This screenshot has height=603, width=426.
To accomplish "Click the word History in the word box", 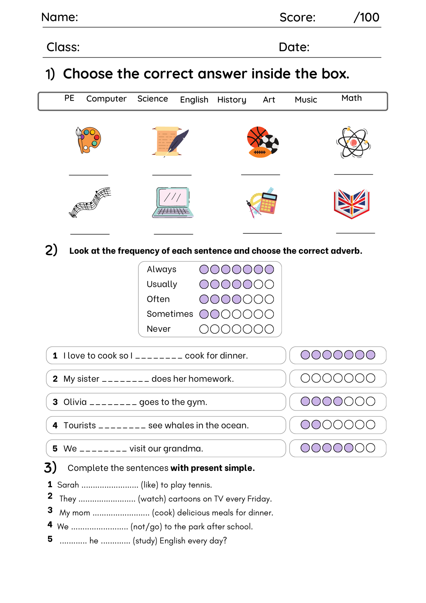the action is click(232, 100).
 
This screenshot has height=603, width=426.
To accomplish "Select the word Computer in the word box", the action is click(106, 99).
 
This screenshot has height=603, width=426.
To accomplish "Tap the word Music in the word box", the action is click(306, 100).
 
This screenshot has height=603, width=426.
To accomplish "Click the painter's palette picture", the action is click(88, 140).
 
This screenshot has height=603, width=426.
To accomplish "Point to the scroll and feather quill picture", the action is click(171, 142).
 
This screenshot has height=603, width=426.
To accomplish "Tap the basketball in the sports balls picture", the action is click(257, 137).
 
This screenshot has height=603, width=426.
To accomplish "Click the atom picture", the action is click(353, 142).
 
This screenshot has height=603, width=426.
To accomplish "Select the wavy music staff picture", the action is click(90, 202).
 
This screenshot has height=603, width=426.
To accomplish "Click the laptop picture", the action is click(173, 202).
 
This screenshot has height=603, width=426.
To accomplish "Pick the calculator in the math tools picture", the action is click(268, 203).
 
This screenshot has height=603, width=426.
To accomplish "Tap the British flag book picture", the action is click(352, 204).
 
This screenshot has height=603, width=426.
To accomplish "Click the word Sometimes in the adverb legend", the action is click(170, 314).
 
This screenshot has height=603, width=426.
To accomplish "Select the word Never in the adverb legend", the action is click(158, 329).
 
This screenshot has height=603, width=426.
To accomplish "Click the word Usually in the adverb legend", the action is click(162, 284).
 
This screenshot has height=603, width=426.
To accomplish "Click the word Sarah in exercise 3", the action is click(68, 485).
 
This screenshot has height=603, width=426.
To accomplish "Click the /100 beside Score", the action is click(366, 17).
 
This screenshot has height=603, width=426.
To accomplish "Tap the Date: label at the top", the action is click(294, 47).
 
